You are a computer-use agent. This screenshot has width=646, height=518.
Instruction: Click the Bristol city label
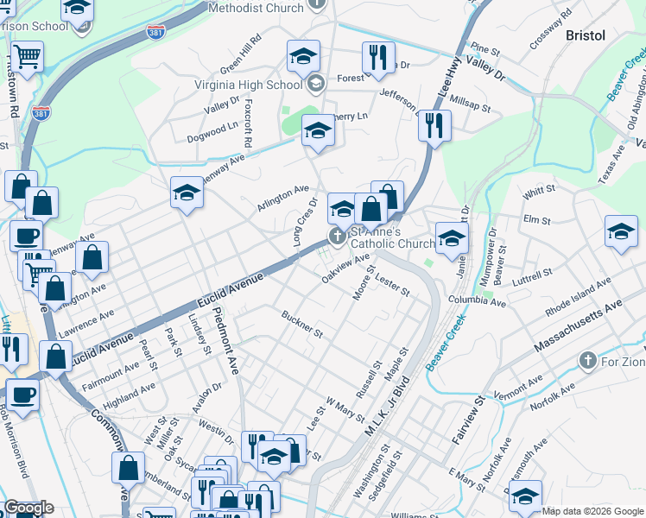[x=585, y=35]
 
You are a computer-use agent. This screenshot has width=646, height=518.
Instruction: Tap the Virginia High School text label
[x=250, y=84]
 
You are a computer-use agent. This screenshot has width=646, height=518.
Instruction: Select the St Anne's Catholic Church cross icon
[x=336, y=236]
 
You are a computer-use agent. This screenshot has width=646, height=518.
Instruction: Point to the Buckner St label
[x=301, y=325]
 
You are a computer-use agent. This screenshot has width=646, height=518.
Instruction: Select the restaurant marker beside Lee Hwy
[x=434, y=125]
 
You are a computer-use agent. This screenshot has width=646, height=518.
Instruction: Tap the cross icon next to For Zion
[x=587, y=360]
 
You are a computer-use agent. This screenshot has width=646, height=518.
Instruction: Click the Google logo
[x=28, y=508]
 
